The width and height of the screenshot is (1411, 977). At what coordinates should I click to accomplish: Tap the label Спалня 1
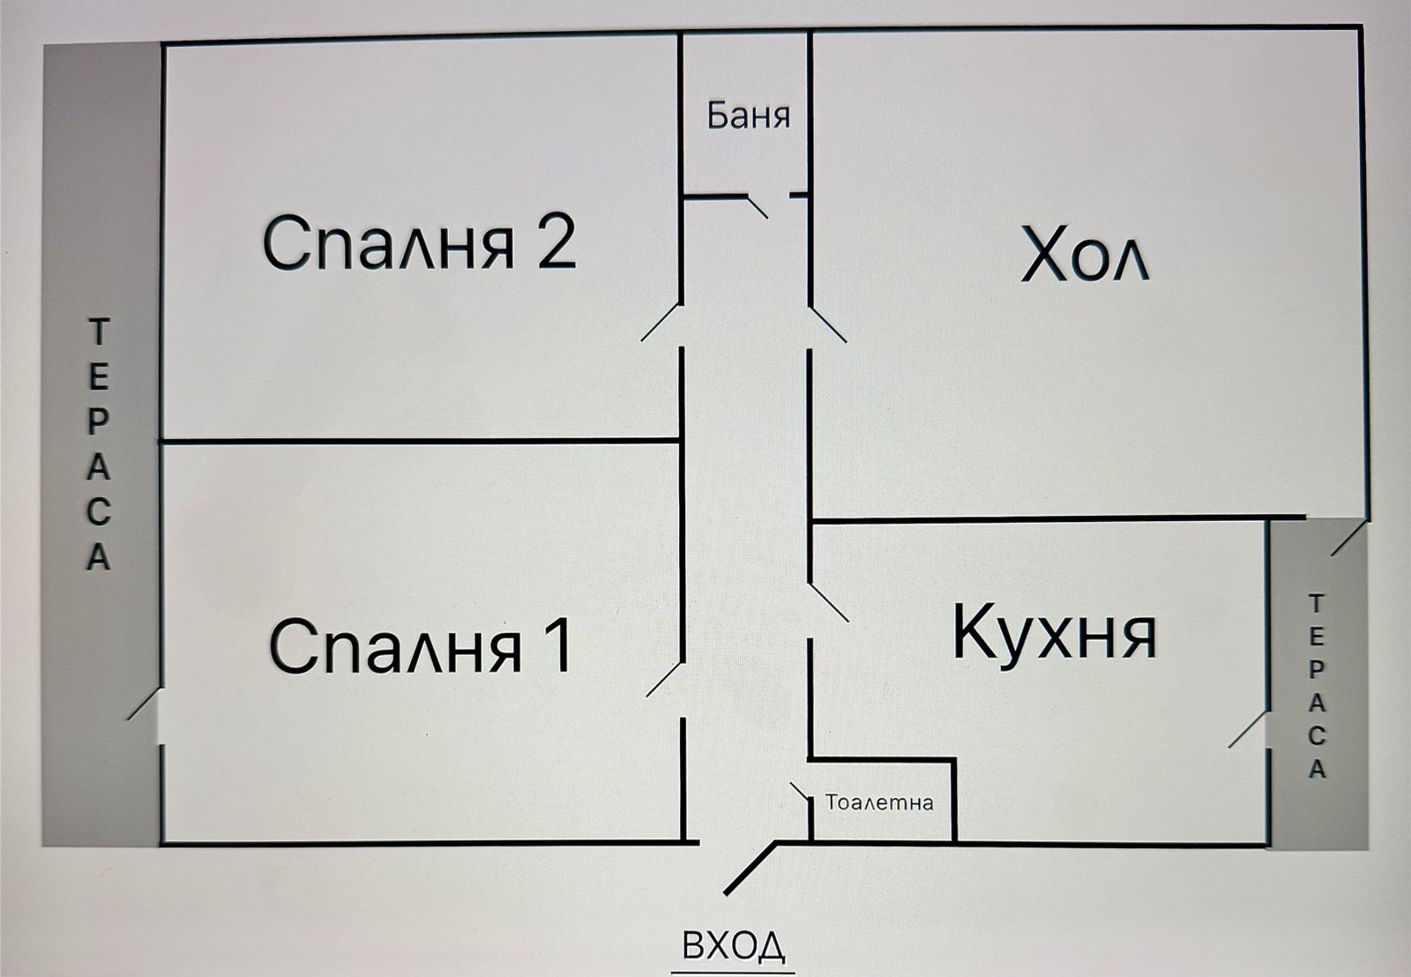click(422, 645)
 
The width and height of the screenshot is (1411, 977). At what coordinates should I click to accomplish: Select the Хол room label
click(1085, 256)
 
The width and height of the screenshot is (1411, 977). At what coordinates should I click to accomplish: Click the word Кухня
click(1054, 632)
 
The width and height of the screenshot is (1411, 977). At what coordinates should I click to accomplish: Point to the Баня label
click(748, 116)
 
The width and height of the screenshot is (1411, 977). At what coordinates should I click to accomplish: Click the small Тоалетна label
click(879, 802)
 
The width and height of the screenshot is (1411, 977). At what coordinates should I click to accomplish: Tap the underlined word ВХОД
click(734, 946)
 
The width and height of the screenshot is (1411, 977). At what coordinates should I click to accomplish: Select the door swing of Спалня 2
click(661, 322)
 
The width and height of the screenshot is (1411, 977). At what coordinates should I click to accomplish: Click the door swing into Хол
click(829, 324)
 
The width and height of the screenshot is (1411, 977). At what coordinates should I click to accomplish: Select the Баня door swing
click(758, 206)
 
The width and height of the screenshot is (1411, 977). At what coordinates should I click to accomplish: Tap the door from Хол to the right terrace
click(1349, 537)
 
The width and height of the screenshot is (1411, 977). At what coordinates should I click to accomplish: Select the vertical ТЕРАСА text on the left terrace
click(98, 445)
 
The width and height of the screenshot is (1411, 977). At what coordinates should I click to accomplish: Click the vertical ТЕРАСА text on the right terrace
click(1317, 686)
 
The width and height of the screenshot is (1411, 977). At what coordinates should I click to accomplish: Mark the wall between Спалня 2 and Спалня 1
click(419, 439)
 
